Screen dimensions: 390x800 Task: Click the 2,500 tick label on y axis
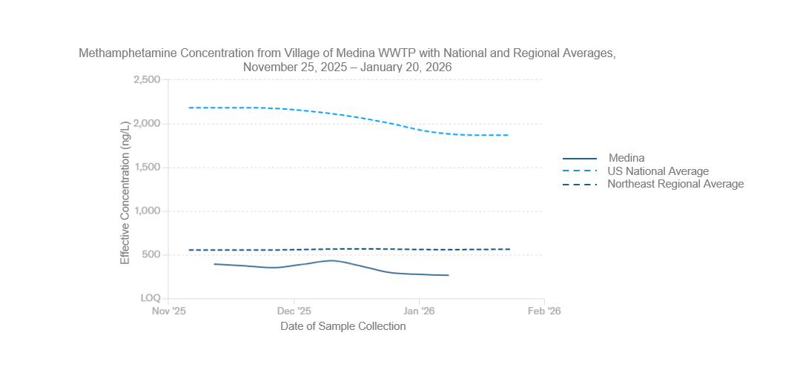[147, 79]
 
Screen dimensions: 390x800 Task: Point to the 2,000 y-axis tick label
[147, 123]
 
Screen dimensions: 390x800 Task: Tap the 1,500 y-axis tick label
[147, 168]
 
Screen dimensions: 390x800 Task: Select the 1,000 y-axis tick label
[147, 211]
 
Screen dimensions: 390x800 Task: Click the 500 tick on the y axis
[151, 255]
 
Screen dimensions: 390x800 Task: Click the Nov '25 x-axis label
[169, 311]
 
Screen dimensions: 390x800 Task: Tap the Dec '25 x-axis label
[294, 311]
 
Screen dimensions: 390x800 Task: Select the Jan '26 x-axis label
[419, 311]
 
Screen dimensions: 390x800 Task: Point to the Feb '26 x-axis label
[544, 311]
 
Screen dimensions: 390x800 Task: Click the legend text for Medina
[627, 158]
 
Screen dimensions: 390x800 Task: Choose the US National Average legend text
[658, 171]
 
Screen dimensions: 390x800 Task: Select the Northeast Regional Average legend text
[675, 184]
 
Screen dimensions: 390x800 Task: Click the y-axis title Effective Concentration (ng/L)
[125, 191]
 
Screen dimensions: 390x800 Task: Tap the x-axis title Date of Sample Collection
[343, 326]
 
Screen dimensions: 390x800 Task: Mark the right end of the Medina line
[449, 275]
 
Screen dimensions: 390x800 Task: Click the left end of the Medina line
[214, 264]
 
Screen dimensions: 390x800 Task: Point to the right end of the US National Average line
[509, 135]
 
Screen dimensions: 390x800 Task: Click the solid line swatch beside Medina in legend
[580, 159]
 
